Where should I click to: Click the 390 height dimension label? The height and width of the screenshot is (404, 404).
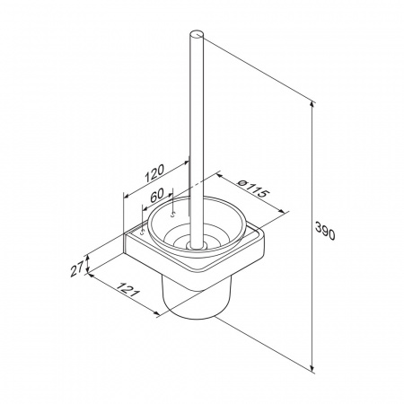click(x=325, y=231)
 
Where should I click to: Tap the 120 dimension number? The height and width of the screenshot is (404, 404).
click(x=154, y=173)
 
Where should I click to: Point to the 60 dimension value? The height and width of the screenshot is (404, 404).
click(x=157, y=195)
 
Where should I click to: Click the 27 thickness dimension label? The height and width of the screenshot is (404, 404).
click(x=76, y=270)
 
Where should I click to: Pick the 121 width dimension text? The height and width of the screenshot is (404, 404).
click(x=127, y=289)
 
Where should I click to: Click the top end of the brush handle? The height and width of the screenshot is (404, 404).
click(x=197, y=34)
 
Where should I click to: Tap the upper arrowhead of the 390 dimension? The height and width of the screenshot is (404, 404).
click(x=312, y=105)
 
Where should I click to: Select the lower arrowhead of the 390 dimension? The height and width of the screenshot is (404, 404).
click(x=312, y=368)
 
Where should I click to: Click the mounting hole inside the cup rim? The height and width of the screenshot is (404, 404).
click(x=172, y=215)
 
